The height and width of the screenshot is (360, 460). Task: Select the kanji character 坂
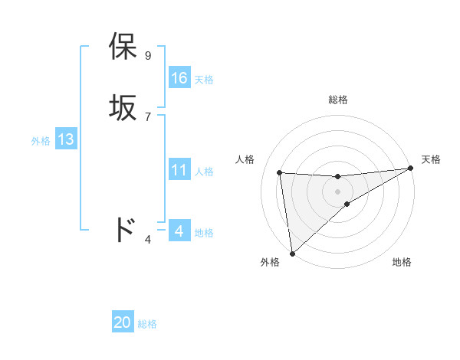point(123,108)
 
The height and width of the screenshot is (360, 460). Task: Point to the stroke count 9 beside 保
point(148,56)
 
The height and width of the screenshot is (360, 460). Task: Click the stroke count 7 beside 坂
point(148,116)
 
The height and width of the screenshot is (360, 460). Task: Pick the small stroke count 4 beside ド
point(148,240)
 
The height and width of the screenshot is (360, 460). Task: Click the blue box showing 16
point(179,78)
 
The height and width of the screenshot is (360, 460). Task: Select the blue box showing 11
point(179,170)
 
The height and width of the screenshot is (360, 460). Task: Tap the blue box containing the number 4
point(179,231)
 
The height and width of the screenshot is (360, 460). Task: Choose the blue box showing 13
point(66,139)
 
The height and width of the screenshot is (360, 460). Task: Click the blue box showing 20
point(123,323)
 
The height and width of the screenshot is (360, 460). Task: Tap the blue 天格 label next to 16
point(204,80)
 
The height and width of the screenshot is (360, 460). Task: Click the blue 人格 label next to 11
point(204,172)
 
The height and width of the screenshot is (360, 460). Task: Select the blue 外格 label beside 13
point(41,141)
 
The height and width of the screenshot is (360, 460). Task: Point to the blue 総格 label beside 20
point(147,325)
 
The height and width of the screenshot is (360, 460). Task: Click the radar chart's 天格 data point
point(411,169)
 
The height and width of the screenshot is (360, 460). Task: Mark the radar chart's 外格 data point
point(292,253)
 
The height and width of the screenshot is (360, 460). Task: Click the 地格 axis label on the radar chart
point(402,263)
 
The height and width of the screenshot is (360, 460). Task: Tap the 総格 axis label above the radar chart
point(337,100)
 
